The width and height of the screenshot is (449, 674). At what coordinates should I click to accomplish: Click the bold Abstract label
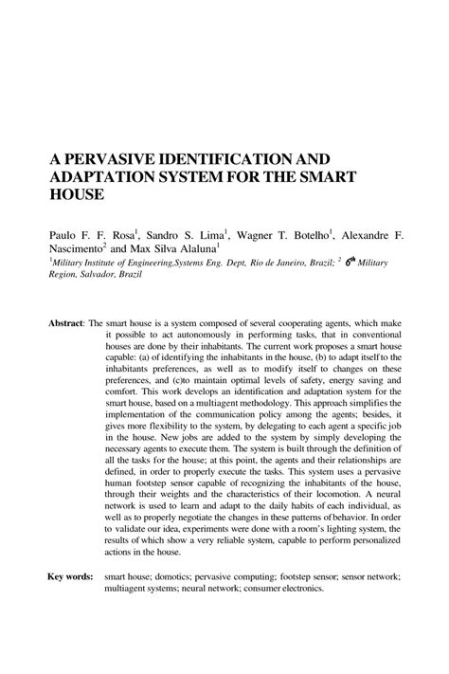67,322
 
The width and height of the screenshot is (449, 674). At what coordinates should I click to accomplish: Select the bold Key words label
70,575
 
